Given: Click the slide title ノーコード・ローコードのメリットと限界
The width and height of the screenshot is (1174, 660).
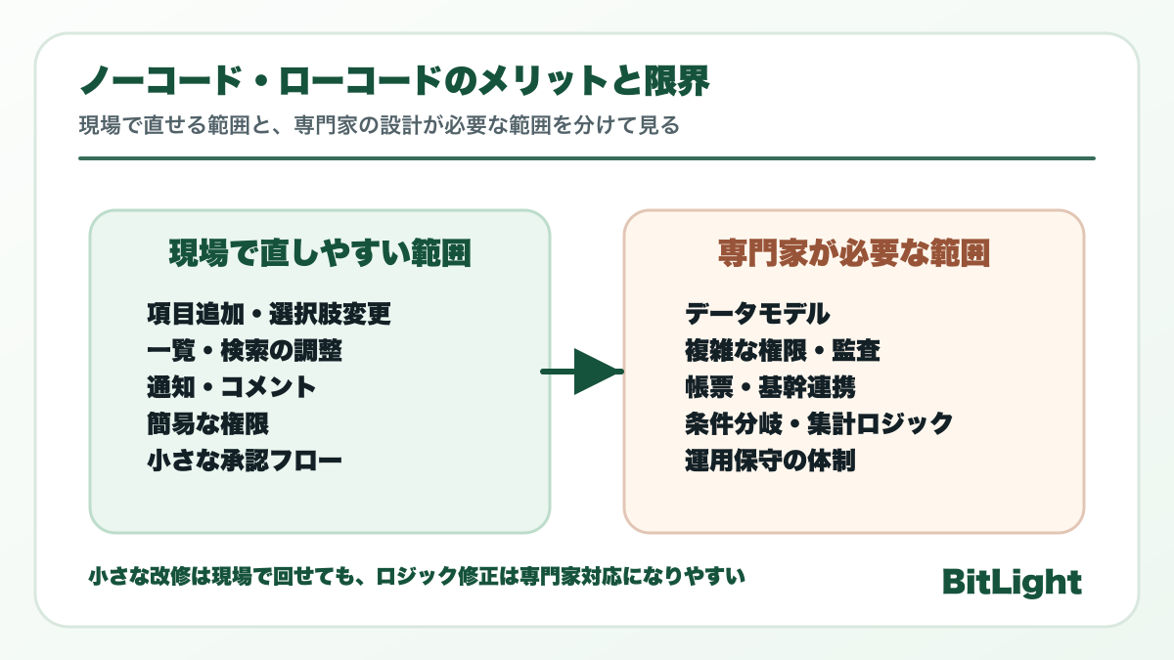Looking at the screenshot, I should click(x=393, y=82).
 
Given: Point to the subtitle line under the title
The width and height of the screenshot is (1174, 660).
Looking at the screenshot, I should click(x=379, y=127).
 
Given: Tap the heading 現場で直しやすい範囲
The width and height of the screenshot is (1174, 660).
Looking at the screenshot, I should click(x=320, y=254).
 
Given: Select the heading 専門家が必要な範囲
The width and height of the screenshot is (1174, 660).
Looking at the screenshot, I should click(x=853, y=254).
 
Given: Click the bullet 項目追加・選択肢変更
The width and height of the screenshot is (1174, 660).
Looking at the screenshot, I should click(x=269, y=314).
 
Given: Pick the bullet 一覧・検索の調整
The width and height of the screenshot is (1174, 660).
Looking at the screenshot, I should click(x=245, y=350).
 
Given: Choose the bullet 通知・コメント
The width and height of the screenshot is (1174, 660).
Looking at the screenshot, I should click(x=232, y=386).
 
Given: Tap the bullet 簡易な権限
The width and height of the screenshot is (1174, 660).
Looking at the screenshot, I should click(x=207, y=422).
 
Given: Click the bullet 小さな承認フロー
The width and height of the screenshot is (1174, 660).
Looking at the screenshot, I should click(x=245, y=459).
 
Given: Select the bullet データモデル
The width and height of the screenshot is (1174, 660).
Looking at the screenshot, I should click(x=757, y=314).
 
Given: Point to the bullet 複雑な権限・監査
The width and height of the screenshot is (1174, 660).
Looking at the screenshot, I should click(x=783, y=350).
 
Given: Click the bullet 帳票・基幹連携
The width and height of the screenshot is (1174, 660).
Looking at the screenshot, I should click(x=770, y=386).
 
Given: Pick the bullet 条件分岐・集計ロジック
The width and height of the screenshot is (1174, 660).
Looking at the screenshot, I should click(x=819, y=422).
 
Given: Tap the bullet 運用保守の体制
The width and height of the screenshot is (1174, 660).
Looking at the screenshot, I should click(x=770, y=459).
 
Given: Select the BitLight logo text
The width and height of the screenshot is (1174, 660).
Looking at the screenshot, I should click(x=1012, y=582).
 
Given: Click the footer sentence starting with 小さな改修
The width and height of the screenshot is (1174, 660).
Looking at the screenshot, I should click(x=417, y=577).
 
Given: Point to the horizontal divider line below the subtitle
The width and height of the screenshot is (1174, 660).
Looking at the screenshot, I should click(x=586, y=157).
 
